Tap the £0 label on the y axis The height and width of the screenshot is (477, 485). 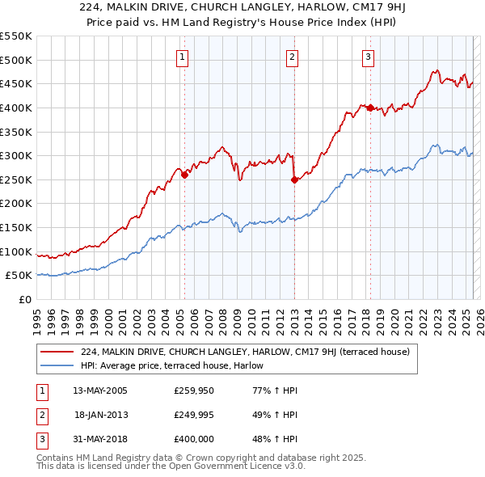coord(24,299)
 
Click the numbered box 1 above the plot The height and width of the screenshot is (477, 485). coord(183,57)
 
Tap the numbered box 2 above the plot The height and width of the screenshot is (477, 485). coord(292,57)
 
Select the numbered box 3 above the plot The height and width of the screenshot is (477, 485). coord(368,57)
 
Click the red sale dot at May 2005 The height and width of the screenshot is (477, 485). coord(184,174)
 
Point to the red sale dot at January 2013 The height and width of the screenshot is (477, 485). coord(294,179)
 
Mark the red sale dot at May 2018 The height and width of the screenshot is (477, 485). coord(370,108)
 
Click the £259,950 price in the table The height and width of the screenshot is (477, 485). coord(192,390)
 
